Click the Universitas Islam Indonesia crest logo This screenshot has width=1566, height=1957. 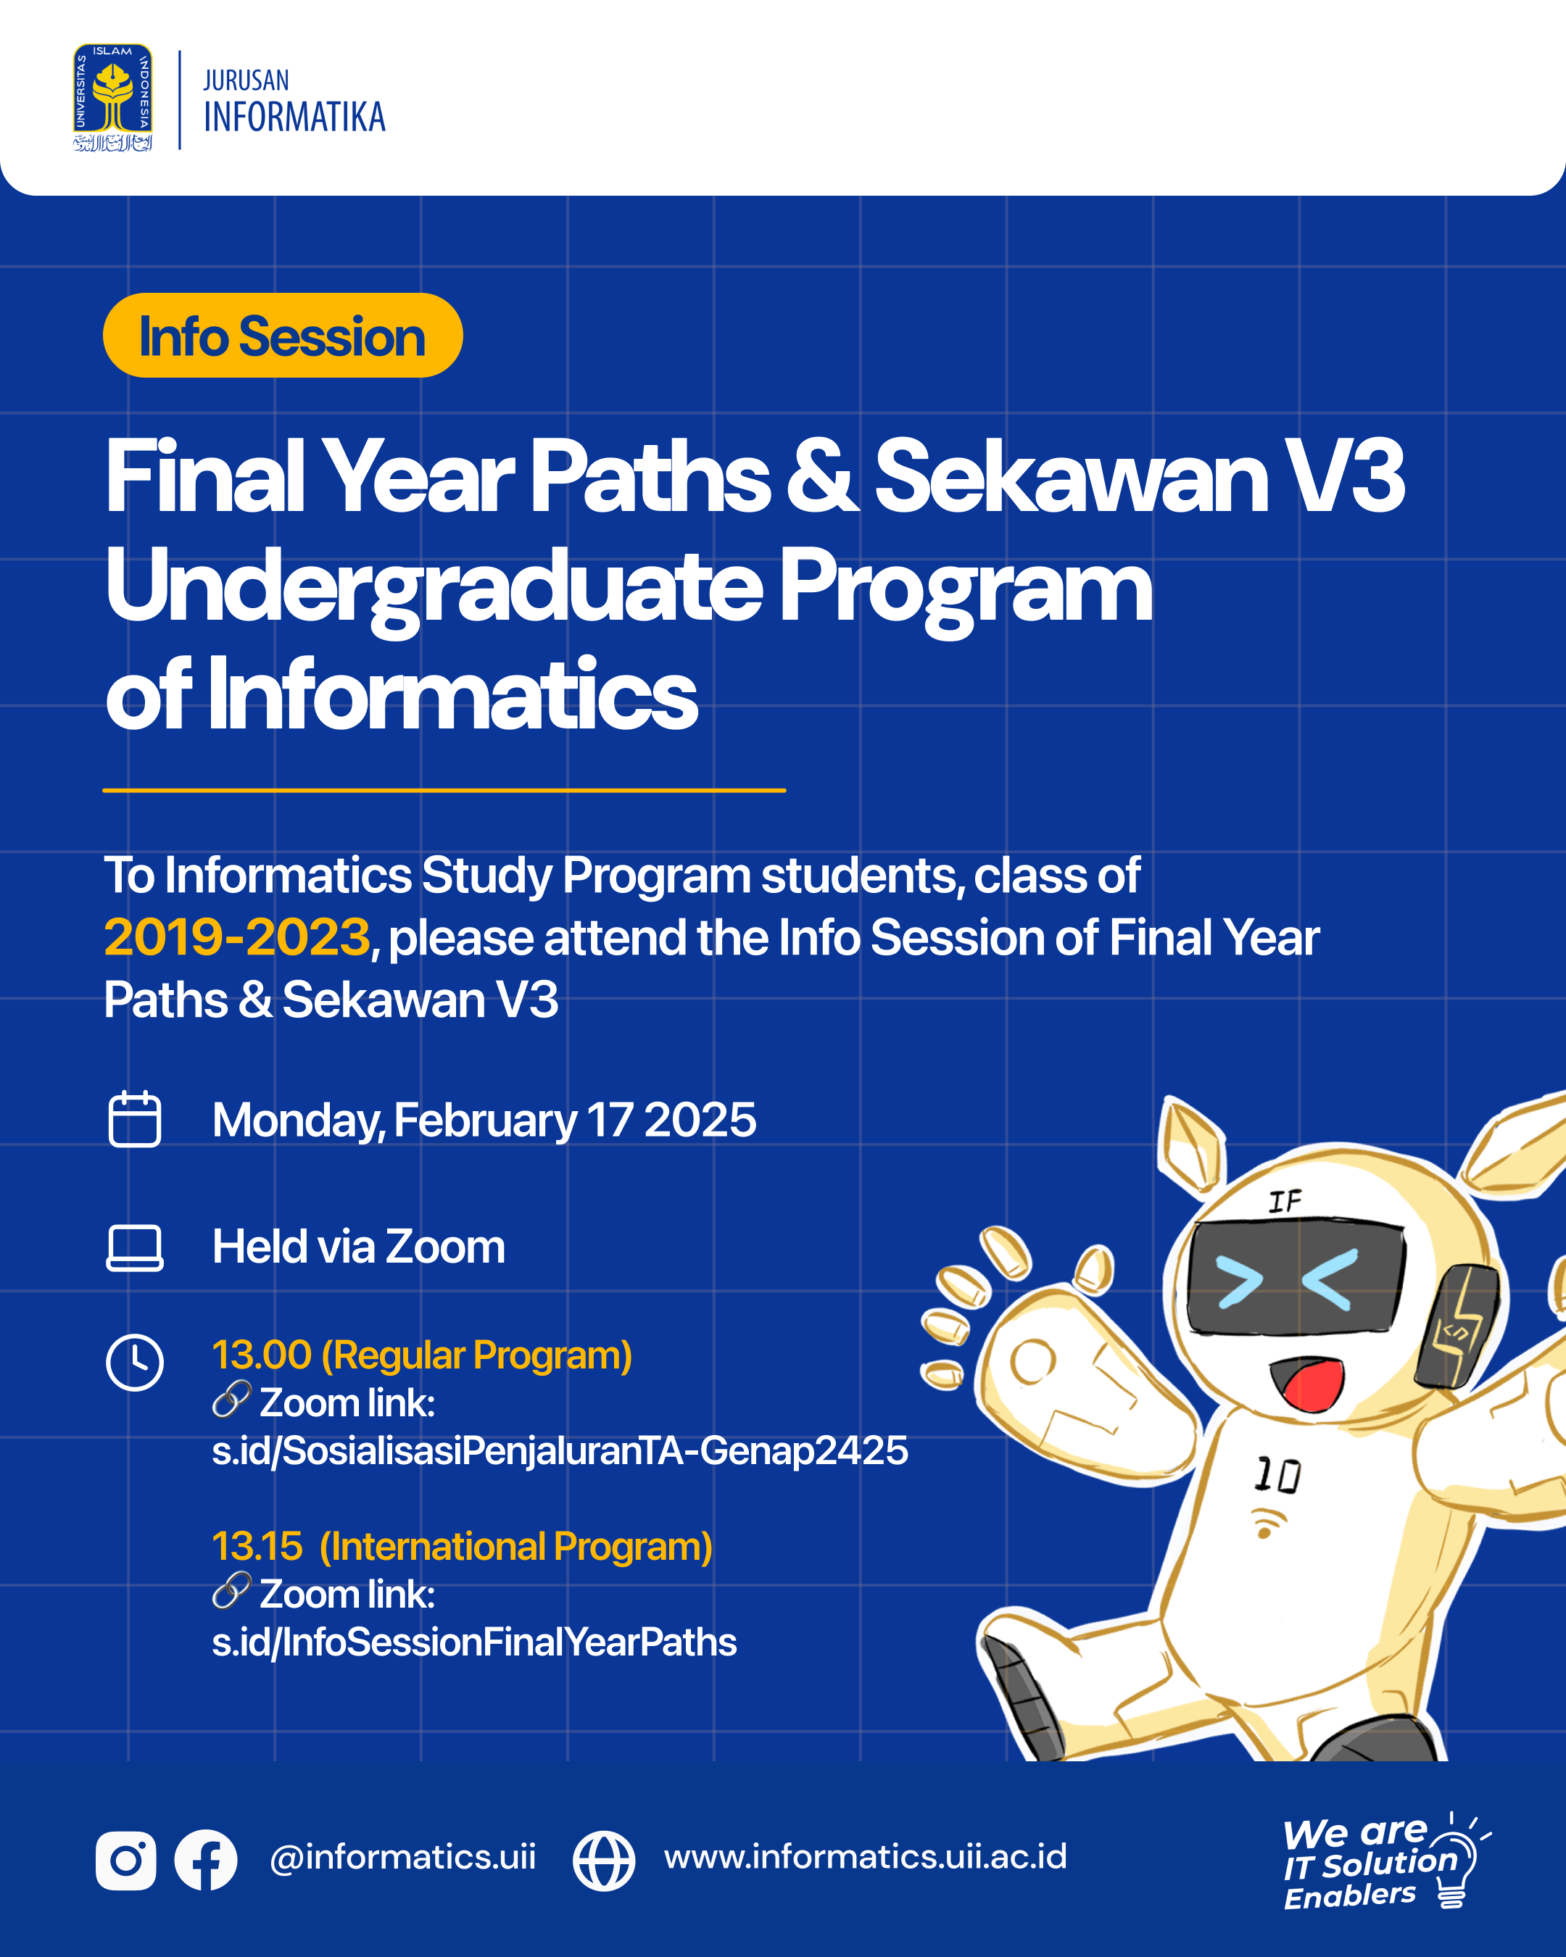pyautogui.click(x=112, y=97)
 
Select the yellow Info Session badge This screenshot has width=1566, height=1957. pyautogui.click(x=282, y=335)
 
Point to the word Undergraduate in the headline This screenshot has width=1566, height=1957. pyautogui.click(x=434, y=589)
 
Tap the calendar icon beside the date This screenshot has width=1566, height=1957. pyautogui.click(x=134, y=1119)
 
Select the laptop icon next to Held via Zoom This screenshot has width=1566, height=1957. pyautogui.click(x=134, y=1248)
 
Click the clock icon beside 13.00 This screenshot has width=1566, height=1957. pyautogui.click(x=134, y=1361)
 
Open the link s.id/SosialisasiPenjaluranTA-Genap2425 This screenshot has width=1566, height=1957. pyautogui.click(x=559, y=1450)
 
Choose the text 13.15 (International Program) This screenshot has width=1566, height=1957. pyautogui.click(x=462, y=1547)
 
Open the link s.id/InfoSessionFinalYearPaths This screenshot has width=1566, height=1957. pyautogui.click(x=474, y=1642)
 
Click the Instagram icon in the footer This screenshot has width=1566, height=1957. pyautogui.click(x=125, y=1860)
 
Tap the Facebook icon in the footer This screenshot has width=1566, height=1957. pyautogui.click(x=206, y=1860)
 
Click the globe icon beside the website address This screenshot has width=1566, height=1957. pyautogui.click(x=604, y=1861)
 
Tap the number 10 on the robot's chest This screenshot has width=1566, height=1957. pyautogui.click(x=1278, y=1475)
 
